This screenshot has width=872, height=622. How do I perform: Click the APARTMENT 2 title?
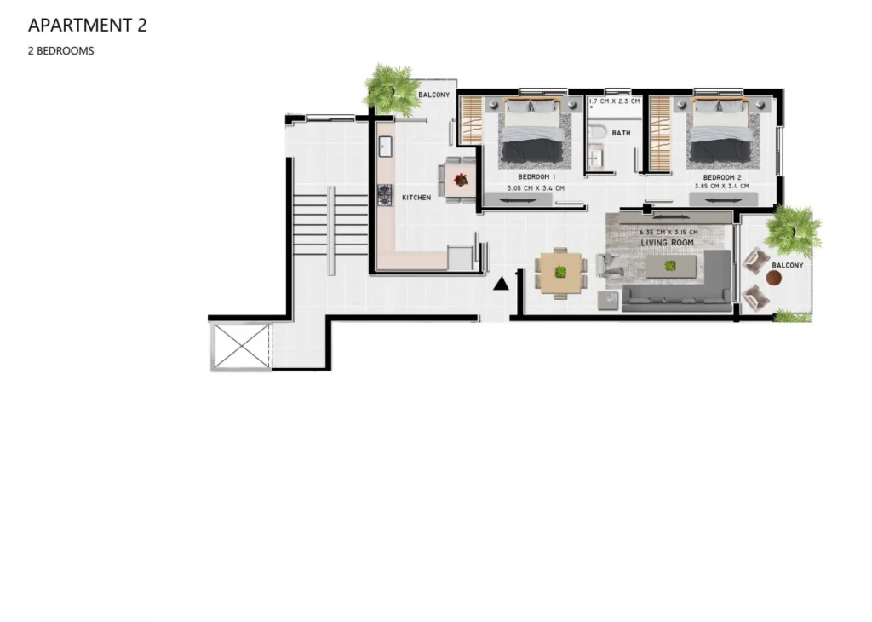pyautogui.click(x=88, y=25)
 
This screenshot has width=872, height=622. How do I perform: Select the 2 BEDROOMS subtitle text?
pyautogui.click(x=61, y=50)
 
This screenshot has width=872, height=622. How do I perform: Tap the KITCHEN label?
pyautogui.click(x=416, y=198)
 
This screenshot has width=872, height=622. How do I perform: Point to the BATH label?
pyautogui.click(x=621, y=133)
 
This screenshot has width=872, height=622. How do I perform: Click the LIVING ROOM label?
pyautogui.click(x=668, y=243)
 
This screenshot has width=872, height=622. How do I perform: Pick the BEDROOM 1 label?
pyautogui.click(x=536, y=177)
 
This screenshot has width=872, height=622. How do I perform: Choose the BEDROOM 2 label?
pyautogui.click(x=722, y=177)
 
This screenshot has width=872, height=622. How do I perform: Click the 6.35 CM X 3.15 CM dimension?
pyautogui.click(x=668, y=233)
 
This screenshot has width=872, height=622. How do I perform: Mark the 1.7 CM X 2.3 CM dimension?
pyautogui.click(x=614, y=101)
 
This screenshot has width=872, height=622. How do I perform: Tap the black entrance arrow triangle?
pyautogui.click(x=501, y=284)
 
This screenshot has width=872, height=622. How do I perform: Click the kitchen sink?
pyautogui.click(x=385, y=147)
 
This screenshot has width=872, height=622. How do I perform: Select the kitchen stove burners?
pyautogui.click(x=385, y=195)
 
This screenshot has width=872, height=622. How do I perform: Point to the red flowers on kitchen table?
pyautogui.click(x=461, y=180)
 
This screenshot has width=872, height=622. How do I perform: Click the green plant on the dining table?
pyautogui.click(x=560, y=272)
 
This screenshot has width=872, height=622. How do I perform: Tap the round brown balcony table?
pyautogui.click(x=773, y=278)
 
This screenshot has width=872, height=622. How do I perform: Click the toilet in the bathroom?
pyautogui.click(x=596, y=134)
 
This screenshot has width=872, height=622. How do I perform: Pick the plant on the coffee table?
pyautogui.click(x=671, y=265)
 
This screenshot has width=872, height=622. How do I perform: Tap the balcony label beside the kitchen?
pyautogui.click(x=433, y=95)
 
